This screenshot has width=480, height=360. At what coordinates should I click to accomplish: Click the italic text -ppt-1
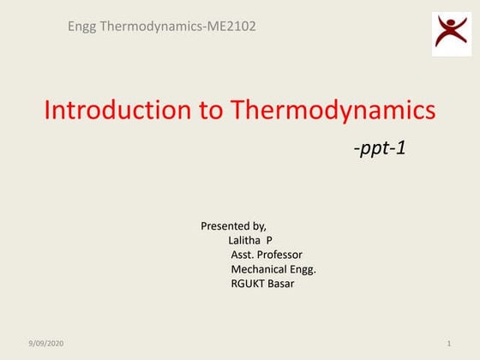pyautogui.click(x=379, y=148)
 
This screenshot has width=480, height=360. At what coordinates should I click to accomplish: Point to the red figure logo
pyautogui.click(x=451, y=33)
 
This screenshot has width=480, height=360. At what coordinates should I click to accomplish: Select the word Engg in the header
pyautogui.click(x=83, y=26)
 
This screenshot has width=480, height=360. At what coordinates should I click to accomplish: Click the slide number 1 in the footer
pyautogui.click(x=449, y=344)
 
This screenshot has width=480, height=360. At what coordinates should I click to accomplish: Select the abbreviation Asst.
pyautogui.click(x=243, y=255)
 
